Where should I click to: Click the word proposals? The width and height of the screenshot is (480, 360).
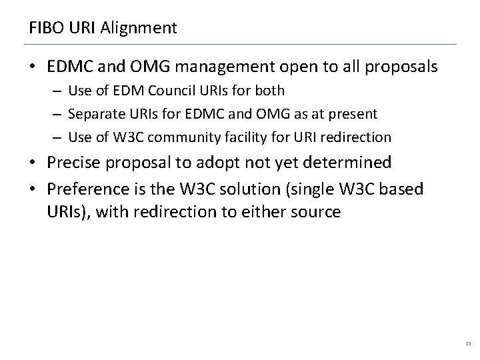point(395,67)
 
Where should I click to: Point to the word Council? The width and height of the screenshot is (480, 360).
point(191,90)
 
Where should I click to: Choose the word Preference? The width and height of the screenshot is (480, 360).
point(87,189)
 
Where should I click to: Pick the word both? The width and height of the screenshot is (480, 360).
point(269,90)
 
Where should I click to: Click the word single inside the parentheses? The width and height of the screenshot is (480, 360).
point(330,190)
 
